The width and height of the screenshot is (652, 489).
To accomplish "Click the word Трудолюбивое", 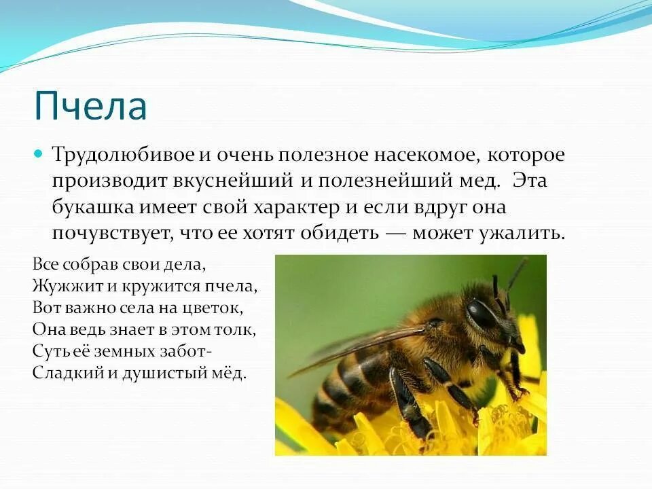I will click(x=123, y=155).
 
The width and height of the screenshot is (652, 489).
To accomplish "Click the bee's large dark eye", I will click(x=482, y=314).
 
